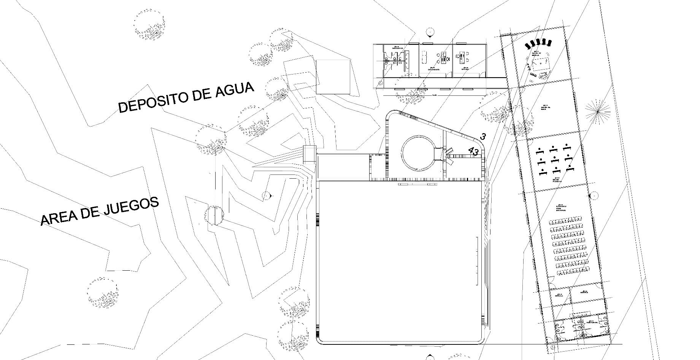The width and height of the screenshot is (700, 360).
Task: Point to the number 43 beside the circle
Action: click(473, 151)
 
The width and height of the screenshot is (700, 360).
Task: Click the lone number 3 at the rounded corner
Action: click(483, 136)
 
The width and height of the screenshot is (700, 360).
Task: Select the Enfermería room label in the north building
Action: click(433, 70)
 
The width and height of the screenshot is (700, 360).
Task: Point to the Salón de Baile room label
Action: click(546, 108)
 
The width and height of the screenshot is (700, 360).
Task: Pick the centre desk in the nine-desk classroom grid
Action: click(555, 158)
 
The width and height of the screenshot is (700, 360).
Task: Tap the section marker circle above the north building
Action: click(430, 32)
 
